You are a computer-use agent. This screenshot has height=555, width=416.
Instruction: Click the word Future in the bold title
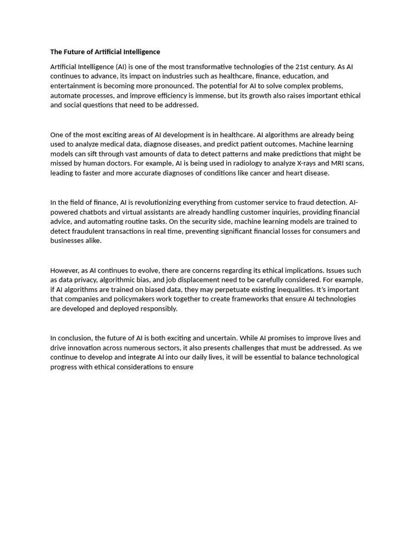pyautogui.click(x=76, y=52)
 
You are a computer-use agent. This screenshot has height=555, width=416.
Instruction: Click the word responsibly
pyautogui.click(x=158, y=309)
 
